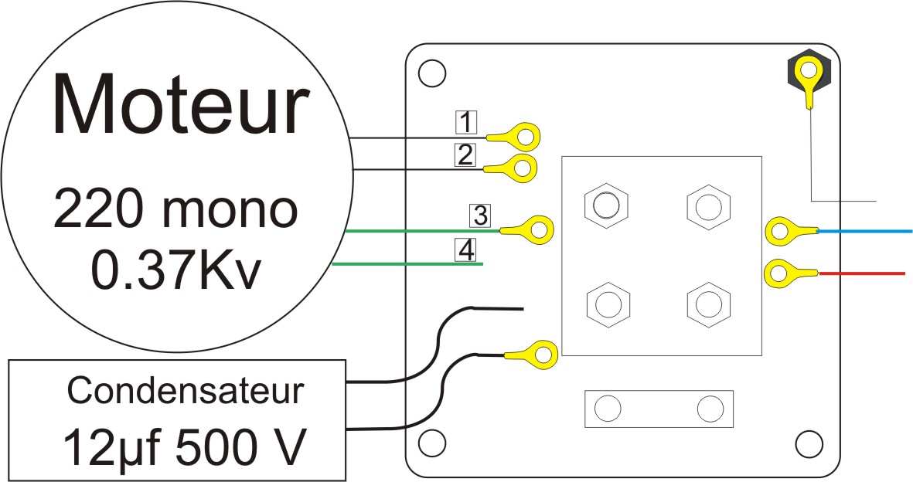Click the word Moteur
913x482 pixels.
click(180, 105)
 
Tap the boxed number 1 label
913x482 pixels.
click(466, 122)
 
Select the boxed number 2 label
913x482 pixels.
click(465, 155)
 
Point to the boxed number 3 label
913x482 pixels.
click(480, 216)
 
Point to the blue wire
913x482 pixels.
click(865, 231)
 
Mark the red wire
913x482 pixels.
click(862, 273)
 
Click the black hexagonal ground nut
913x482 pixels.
click(808, 72)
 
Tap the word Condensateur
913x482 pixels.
click(186, 391)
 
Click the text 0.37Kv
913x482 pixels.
click(175, 271)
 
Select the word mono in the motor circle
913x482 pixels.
click(230, 210)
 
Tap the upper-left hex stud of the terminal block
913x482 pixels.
click(606, 205)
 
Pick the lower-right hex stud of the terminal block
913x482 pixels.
click(709, 304)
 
